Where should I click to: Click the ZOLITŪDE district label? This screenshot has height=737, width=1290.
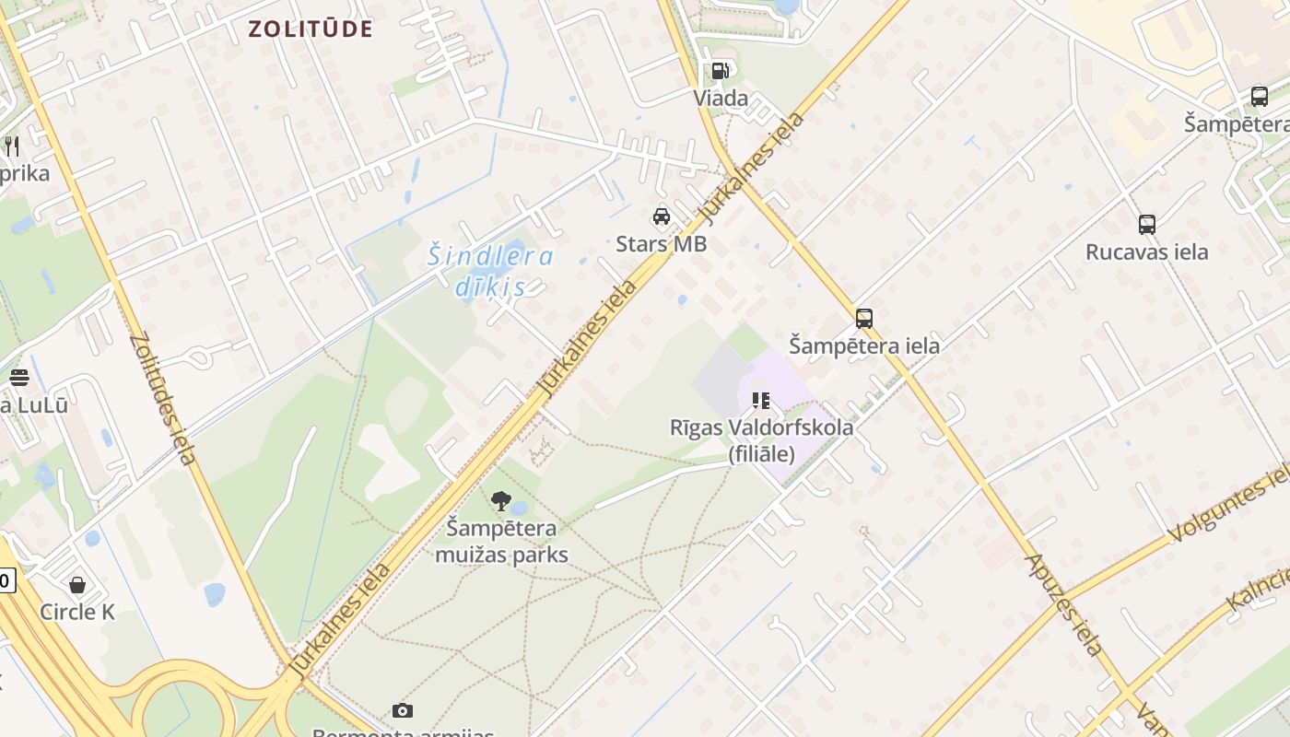(x=310, y=29)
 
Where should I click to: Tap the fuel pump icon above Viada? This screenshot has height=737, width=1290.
(x=720, y=71)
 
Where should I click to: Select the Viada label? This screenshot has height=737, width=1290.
(x=721, y=99)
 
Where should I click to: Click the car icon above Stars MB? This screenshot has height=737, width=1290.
(x=662, y=216)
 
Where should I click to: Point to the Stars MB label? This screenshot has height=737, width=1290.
(x=662, y=244)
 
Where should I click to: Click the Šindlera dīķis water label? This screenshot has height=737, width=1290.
(x=490, y=271)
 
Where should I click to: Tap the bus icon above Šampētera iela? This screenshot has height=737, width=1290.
(x=864, y=319)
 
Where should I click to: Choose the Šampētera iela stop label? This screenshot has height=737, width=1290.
(x=864, y=346)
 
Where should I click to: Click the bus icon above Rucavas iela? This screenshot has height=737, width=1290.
(x=1147, y=224)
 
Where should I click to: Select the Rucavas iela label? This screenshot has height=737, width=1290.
(x=1147, y=252)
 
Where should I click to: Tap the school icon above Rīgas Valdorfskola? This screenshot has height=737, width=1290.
(x=761, y=400)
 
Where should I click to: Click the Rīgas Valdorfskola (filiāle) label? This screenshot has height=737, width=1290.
(x=761, y=440)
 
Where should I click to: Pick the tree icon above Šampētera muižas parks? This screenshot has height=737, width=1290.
(x=501, y=501)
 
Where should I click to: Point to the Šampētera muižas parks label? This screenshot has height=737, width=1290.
(x=501, y=542)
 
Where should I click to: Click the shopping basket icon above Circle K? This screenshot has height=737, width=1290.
(x=77, y=585)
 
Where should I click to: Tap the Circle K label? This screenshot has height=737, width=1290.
(x=77, y=612)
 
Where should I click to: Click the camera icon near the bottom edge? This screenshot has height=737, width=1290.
(x=402, y=710)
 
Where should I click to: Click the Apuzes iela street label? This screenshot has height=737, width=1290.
(x=1064, y=603)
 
